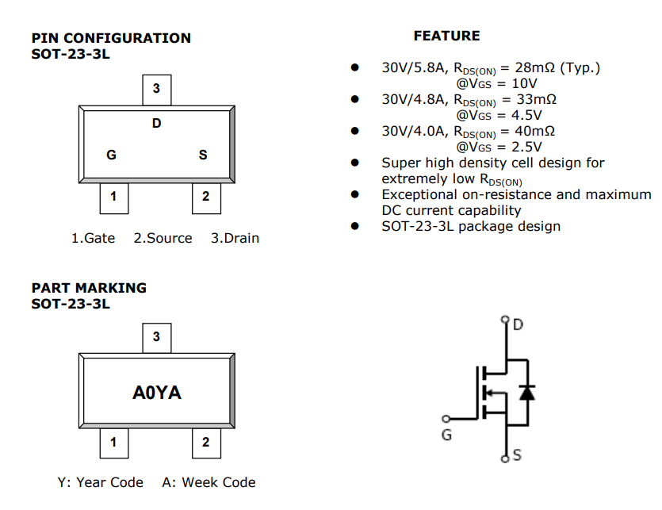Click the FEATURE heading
[446, 36]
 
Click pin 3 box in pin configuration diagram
[156, 90]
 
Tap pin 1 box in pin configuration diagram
[113, 197]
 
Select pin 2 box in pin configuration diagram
[206, 197]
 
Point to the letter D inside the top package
[156, 123]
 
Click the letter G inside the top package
[111, 155]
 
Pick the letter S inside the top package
[203, 155]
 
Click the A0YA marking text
[156, 393]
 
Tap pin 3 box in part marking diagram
[156, 337]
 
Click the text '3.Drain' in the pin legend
[235, 238]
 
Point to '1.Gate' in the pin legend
[93, 238]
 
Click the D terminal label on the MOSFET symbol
[519, 324]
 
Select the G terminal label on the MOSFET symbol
[446, 435]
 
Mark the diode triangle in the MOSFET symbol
[525, 392]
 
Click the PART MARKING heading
[89, 288]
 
